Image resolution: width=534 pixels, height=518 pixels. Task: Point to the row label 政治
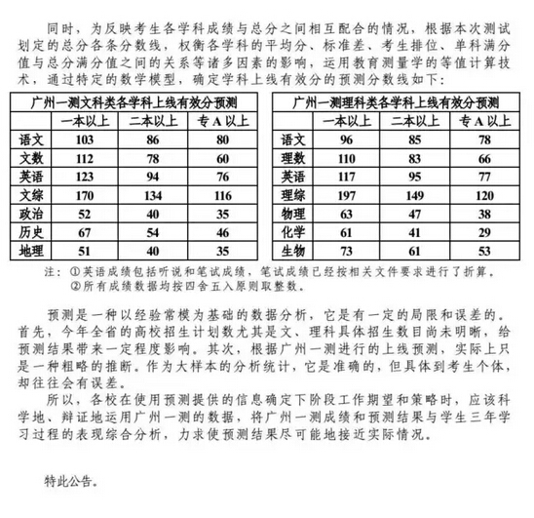pos(32,213)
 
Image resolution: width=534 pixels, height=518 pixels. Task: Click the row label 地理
pos(32,249)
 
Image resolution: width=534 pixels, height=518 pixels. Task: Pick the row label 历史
pos(32,231)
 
